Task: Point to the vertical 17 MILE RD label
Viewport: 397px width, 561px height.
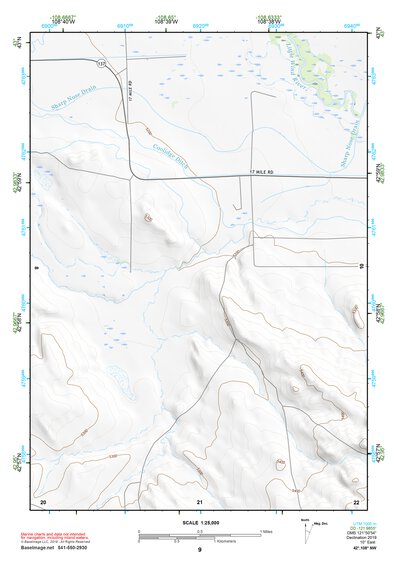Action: coord(131,95)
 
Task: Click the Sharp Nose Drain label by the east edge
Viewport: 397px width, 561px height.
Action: coord(354,147)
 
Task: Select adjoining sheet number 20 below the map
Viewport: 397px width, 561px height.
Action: coord(42,500)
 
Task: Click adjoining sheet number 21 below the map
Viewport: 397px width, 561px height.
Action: coord(200,500)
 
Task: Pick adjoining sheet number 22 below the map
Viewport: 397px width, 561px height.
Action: coord(356,500)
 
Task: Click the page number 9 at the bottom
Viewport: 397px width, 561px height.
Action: coord(200,550)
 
